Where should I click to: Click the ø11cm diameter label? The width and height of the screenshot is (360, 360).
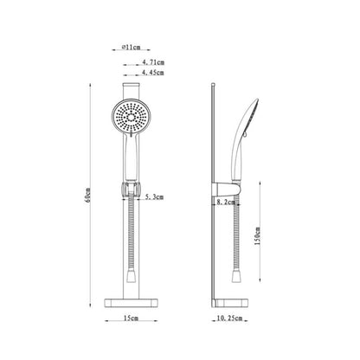tap(131, 47)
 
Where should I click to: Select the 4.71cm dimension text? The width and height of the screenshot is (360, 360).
tap(153, 62)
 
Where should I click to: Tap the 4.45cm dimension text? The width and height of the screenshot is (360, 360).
tap(153, 73)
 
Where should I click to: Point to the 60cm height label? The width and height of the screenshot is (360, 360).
tap(88, 195)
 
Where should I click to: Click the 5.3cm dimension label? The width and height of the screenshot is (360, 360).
tap(154, 197)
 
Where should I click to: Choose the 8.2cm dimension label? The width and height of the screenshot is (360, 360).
tap(226, 202)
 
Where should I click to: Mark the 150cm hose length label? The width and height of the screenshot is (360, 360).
tap(257, 235)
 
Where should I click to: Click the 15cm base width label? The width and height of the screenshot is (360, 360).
tap(131, 318)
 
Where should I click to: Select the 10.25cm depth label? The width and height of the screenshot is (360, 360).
tap(229, 318)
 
